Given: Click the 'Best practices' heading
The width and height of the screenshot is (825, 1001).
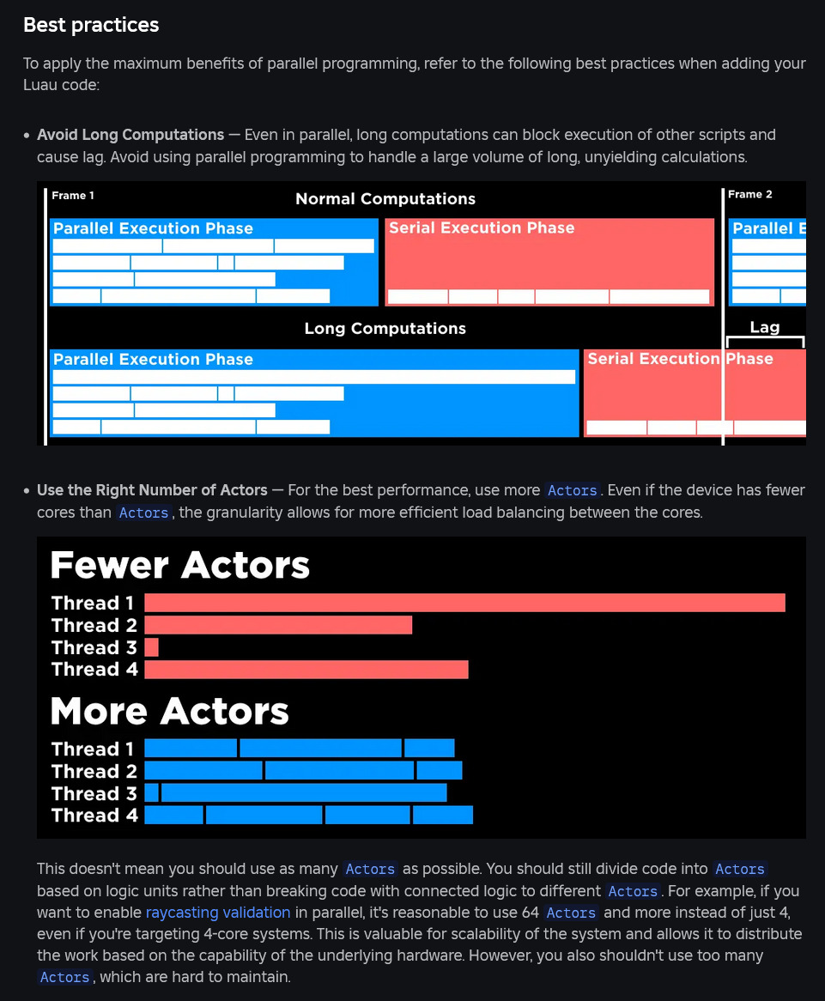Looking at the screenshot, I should coord(91,25).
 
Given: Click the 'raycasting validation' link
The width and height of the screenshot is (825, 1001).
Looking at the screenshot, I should coord(218,912).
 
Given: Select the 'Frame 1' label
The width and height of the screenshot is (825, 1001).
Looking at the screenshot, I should coord(73,196).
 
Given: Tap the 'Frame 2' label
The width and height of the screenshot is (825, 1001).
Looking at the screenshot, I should coord(749,195).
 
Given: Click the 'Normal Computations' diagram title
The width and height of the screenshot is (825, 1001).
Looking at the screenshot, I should coord(385,199).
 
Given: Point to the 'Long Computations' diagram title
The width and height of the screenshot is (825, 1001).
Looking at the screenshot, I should coord(385,329).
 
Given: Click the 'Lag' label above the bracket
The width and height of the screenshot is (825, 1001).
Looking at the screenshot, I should coord(765,327).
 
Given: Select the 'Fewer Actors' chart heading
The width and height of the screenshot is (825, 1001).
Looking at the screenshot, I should coord(179,566).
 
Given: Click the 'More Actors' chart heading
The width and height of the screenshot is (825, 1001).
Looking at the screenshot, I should coord(169,712).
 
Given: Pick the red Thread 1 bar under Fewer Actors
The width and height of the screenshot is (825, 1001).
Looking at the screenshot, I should coord(464,603).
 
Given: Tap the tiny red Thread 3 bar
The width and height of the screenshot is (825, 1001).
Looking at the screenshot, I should coord(151,647).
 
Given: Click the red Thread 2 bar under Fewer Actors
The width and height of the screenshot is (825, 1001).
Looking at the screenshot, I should coord(278,625).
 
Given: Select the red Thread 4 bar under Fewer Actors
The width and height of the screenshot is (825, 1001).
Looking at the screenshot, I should coord(306,670).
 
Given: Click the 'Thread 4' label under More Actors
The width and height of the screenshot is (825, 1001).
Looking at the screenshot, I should coord(94,816).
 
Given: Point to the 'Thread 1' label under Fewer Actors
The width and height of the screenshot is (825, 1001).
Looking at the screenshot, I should coord(93,603).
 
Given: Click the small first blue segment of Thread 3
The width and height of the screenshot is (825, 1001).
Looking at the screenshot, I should coord(151,793).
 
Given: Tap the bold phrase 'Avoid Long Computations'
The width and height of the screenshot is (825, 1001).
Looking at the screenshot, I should coord(130,135).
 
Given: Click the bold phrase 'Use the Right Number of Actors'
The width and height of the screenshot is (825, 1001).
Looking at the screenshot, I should coord(152,490).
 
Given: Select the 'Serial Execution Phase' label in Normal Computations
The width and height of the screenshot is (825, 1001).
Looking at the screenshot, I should coord(482,228).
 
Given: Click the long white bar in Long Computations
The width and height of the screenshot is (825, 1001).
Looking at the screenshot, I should coord(313,377).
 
